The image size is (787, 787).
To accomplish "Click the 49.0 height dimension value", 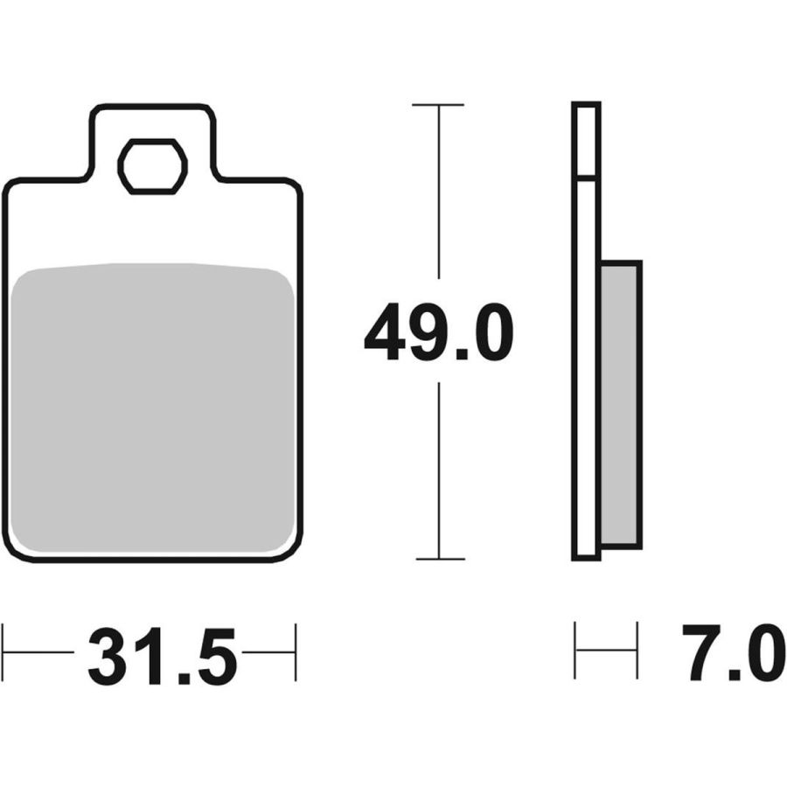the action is click(439, 331).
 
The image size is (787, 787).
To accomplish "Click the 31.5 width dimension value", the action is click(162, 656).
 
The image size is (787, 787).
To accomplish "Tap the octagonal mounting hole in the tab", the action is click(152, 166).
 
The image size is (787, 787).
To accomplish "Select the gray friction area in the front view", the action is click(152, 407).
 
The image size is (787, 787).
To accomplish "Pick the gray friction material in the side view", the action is click(621, 405).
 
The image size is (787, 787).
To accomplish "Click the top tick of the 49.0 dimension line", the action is click(438, 104).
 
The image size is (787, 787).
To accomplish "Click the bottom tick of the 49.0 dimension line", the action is click(440, 559).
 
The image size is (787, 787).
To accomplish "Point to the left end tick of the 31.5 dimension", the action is click(3, 652).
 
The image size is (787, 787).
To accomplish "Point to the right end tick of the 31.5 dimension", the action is click(296, 652).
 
